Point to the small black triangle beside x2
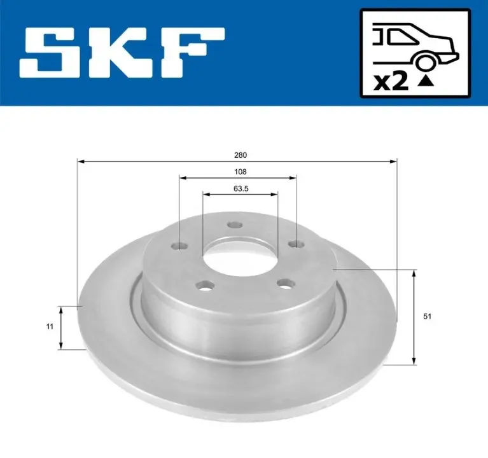click(426, 81)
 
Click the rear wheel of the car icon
click(425, 62)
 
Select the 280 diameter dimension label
click(241, 155)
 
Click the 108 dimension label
click(241, 172)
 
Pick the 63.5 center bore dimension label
click(241, 189)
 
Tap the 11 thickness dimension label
click(50, 326)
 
